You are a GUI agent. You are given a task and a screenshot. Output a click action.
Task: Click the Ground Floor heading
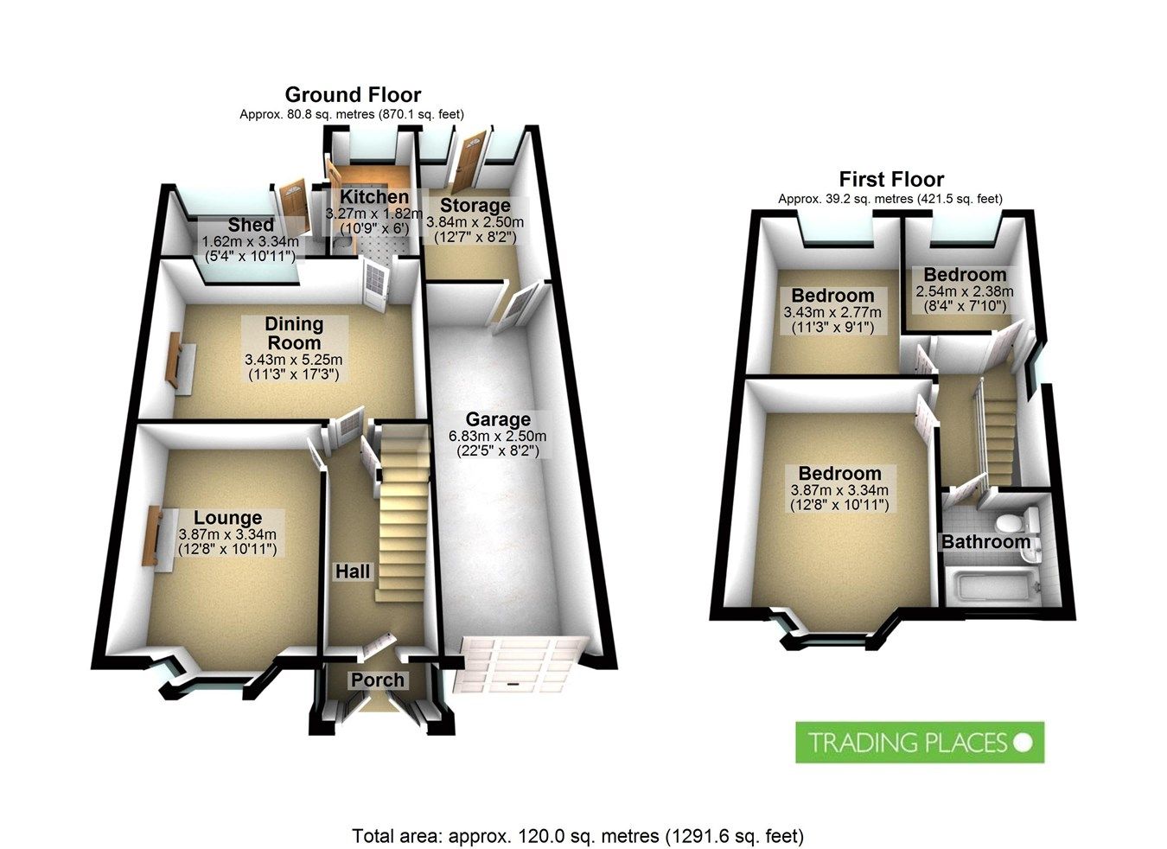point(353,95)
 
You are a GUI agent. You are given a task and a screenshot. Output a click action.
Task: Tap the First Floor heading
point(891,179)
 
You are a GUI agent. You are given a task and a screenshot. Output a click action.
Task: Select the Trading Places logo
point(920,742)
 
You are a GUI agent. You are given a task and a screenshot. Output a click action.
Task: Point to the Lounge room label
point(227,518)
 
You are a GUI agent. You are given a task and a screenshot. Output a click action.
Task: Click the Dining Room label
point(294,334)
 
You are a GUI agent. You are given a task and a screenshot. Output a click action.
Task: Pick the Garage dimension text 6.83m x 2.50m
point(498,436)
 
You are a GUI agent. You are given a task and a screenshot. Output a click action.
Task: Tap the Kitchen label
point(374,197)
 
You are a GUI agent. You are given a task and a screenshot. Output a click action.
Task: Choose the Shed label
point(251,225)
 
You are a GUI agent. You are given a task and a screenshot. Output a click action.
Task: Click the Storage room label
point(475,206)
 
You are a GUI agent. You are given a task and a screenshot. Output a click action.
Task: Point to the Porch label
point(377,680)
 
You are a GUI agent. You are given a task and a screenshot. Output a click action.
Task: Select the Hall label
point(353,571)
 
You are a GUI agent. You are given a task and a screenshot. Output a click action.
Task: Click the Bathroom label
point(985,541)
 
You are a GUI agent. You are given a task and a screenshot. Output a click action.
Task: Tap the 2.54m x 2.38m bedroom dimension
point(965,290)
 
